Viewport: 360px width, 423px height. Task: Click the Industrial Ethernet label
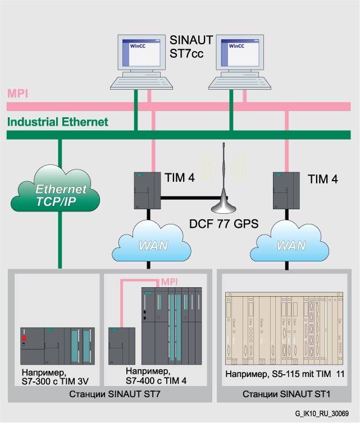click(58, 122)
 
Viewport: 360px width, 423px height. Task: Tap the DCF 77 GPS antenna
click(225, 185)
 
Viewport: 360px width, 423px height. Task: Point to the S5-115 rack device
click(284, 328)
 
